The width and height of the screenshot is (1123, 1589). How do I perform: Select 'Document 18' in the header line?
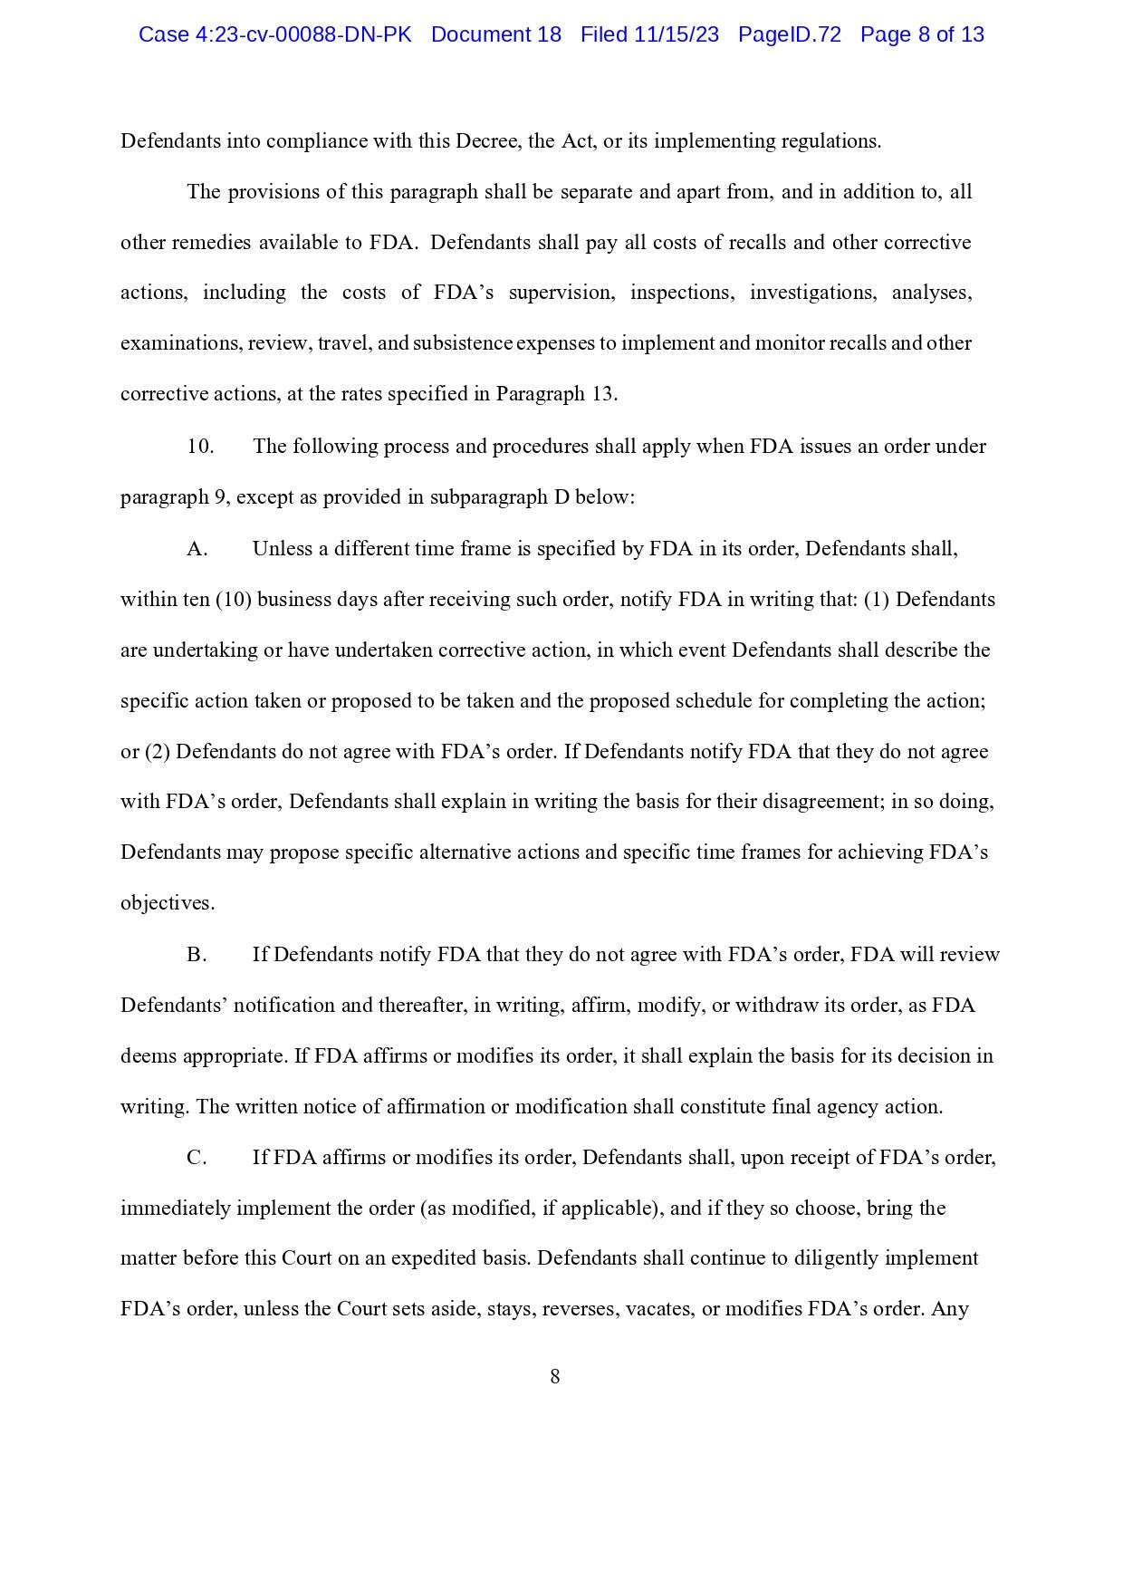click(x=495, y=34)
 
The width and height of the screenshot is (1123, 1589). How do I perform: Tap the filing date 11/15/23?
click(x=677, y=34)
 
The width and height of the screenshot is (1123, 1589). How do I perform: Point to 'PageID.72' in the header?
click(x=789, y=34)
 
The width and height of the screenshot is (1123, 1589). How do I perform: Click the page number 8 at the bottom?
click(x=555, y=1377)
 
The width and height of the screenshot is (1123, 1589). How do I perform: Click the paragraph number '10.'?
click(x=200, y=447)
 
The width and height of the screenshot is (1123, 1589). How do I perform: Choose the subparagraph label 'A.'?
click(x=197, y=549)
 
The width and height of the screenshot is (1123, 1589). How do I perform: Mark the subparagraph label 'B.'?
click(x=197, y=955)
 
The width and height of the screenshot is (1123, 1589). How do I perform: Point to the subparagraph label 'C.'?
click(x=197, y=1158)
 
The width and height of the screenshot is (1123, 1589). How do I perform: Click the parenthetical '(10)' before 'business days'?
click(x=234, y=600)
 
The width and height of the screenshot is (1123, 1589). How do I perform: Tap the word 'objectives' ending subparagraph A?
click(x=167, y=903)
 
